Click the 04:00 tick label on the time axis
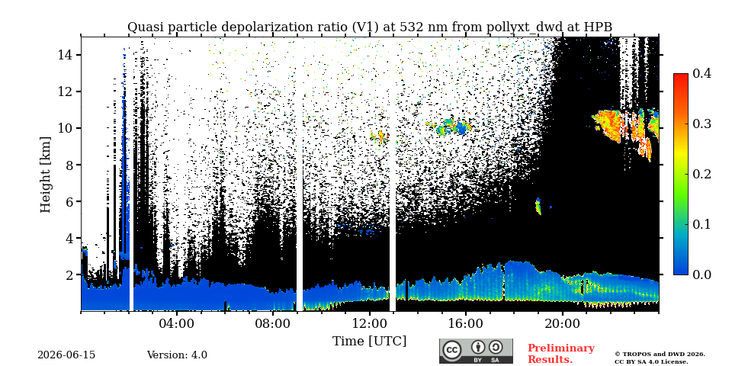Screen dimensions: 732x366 pos(176,324)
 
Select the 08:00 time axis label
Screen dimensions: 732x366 pos(273,324)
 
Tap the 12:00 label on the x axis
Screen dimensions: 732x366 pos(369,324)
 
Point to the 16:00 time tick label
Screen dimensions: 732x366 pos(466,324)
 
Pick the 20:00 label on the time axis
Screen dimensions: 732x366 pos(562,324)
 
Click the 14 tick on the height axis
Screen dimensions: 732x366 pos(65,55)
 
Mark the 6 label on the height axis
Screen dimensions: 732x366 pos(69,201)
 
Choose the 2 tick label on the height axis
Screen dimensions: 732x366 pos(69,275)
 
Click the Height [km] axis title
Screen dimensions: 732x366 pos(45,175)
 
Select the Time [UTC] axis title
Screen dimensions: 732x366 pos(369,341)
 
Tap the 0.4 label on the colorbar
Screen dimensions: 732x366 pos(701,74)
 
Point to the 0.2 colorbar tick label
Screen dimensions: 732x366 pos(701,174)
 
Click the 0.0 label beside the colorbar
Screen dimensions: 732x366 pos(701,274)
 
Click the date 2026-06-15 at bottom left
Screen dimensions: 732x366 pos(66,355)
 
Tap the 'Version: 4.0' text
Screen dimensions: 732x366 pos(177,355)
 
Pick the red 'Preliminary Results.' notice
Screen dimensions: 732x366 pos(561,354)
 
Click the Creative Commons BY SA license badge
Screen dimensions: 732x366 pos(476,351)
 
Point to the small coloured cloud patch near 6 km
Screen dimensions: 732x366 pos(538,206)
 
